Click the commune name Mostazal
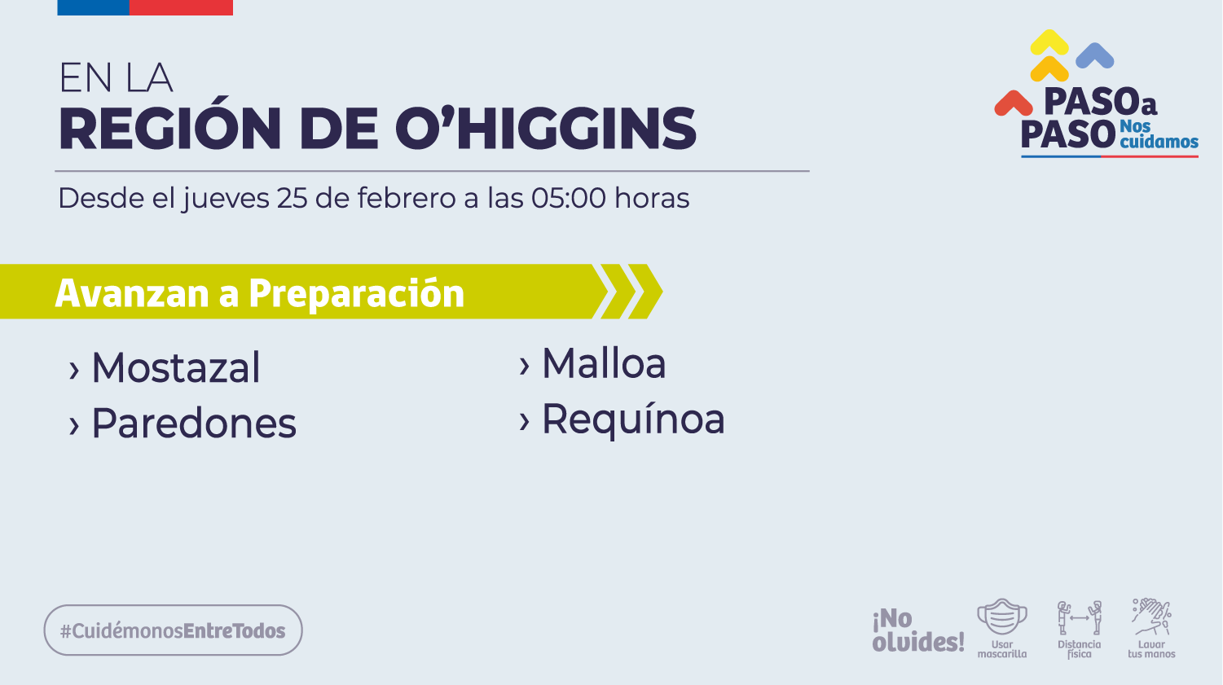pyautogui.click(x=176, y=367)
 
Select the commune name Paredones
pyautogui.click(x=194, y=423)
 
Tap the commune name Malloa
pyautogui.click(x=604, y=363)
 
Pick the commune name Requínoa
pyautogui.click(x=633, y=419)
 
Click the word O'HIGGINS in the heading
pyautogui.click(x=546, y=128)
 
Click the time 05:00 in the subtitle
pyautogui.click(x=569, y=198)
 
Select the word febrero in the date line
pyautogui.click(x=407, y=198)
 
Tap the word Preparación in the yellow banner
pyautogui.click(x=357, y=294)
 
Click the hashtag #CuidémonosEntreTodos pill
pyautogui.click(x=173, y=630)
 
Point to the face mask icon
pyautogui.click(x=1002, y=617)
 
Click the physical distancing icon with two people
pyautogui.click(x=1079, y=618)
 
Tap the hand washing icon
pyautogui.click(x=1151, y=617)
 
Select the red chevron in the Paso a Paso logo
pyautogui.click(x=1014, y=103)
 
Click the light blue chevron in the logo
pyautogui.click(x=1095, y=55)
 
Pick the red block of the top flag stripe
pyautogui.click(x=181, y=7)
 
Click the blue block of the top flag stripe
pyautogui.click(x=94, y=7)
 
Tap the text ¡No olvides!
pyautogui.click(x=917, y=630)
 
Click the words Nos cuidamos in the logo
pyautogui.click(x=1159, y=134)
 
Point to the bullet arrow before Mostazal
pyautogui.click(x=73, y=371)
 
